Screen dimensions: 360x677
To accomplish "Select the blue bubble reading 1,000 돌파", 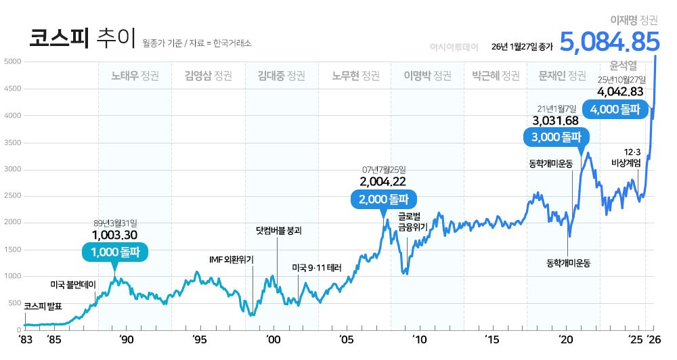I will [114, 252].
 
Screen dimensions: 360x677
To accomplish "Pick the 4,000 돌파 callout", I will [615, 109].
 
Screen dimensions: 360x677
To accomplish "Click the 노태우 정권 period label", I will [135, 75].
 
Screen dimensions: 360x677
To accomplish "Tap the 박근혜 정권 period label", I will [496, 75].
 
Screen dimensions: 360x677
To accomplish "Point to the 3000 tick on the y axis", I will [14, 169].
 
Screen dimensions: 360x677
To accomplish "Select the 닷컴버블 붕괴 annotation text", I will [278, 230].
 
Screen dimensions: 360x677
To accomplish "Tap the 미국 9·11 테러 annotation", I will [317, 267].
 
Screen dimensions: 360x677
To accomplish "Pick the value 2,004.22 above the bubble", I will [383, 181].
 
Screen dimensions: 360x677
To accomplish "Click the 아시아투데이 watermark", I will [454, 47].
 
